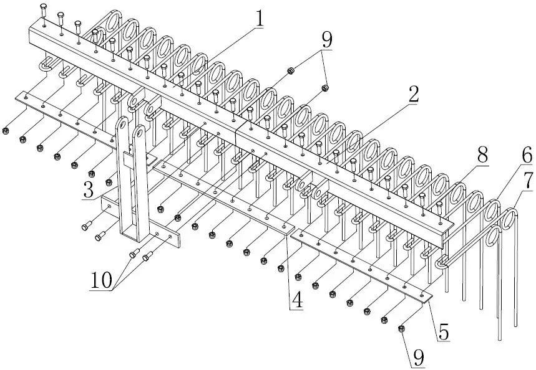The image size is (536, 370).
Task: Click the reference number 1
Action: click(x=257, y=19)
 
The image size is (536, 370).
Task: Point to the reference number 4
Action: click(x=297, y=299)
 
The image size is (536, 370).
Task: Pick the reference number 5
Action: click(x=443, y=331)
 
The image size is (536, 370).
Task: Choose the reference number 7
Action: click(x=527, y=181)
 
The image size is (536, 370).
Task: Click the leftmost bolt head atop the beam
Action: click(x=44, y=7)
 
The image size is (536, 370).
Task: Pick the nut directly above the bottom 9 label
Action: click(x=402, y=328)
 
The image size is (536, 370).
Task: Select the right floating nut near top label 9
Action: click(x=325, y=87)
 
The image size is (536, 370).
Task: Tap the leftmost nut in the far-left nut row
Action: click(x=6, y=131)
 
